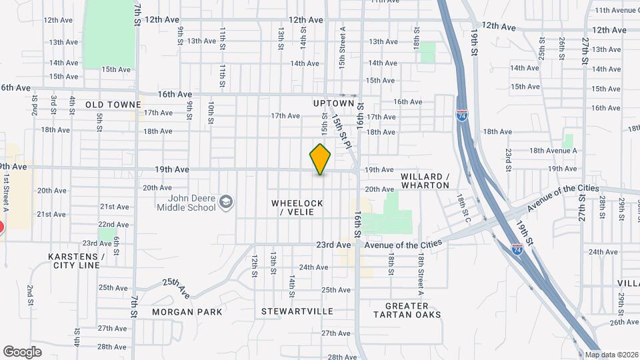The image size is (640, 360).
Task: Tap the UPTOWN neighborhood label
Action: [x=333, y=103]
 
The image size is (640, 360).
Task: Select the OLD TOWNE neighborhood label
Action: [x=113, y=105]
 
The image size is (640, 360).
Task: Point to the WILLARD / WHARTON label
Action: [x=425, y=181]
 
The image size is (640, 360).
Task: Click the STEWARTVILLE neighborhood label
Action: [x=297, y=311]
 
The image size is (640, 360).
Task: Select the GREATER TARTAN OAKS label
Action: [x=406, y=310]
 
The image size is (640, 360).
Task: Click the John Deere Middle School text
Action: [x=186, y=203]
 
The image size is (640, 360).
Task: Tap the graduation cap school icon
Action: [x=227, y=201]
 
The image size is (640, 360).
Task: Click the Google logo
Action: [x=22, y=351]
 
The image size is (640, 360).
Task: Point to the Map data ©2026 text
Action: [x=612, y=355]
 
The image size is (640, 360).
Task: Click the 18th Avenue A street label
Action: [x=553, y=151]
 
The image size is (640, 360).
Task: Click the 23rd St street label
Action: [x=508, y=160]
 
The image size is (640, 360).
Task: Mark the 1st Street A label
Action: [x=5, y=193]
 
